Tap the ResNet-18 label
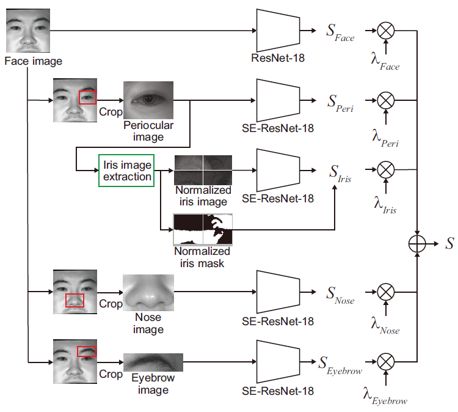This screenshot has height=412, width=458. click(x=278, y=58)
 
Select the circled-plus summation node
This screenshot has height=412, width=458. click(x=417, y=244)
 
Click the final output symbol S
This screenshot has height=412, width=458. click(x=449, y=243)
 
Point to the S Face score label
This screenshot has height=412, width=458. click(x=340, y=33)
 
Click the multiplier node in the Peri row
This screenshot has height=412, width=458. click(x=386, y=100)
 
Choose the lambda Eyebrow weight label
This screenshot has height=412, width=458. click(x=385, y=396)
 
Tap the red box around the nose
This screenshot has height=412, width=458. click(x=75, y=294)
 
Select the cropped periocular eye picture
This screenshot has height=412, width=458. click(x=148, y=100)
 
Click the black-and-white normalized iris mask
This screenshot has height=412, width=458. click(x=203, y=230)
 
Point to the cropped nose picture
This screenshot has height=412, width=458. click(x=148, y=292)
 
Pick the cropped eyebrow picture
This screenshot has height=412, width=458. click(x=153, y=362)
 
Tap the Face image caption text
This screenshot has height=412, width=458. click(x=34, y=61)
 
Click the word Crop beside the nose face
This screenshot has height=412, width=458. click(x=111, y=304)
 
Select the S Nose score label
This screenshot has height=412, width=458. click(x=340, y=295)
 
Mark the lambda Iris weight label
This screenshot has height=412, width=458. click(x=385, y=205)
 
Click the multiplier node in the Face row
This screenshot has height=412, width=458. click(x=386, y=31)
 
